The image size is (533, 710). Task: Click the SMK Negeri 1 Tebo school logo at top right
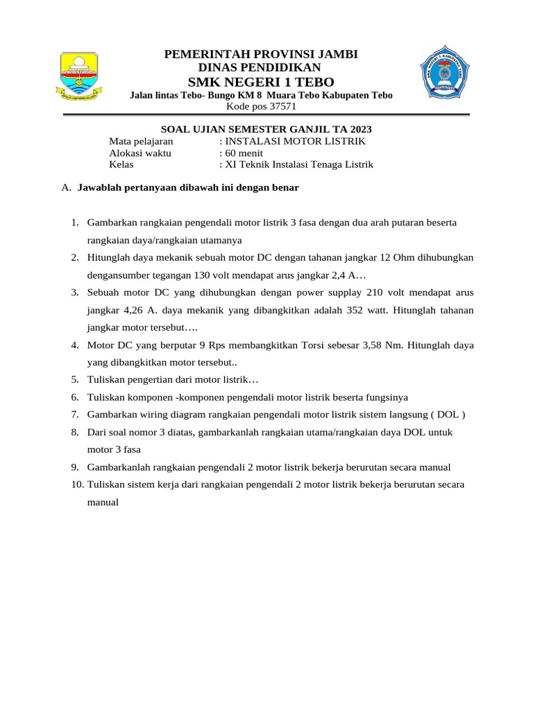coord(445,73)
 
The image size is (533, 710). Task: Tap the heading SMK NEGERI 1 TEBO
coord(260,83)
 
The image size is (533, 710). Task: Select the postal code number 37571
coord(280,107)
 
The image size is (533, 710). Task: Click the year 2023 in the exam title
coord(359,129)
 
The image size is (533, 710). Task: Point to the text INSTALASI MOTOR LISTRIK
coord(295,141)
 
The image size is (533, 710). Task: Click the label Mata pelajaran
coord(141,141)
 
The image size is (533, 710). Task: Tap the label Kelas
coord(121,165)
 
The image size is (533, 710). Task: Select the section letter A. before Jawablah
coord(67,188)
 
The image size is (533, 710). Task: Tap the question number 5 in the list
coord(74,380)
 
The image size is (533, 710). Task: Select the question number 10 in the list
coord(76,485)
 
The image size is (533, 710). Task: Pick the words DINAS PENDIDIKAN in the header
coord(260,67)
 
